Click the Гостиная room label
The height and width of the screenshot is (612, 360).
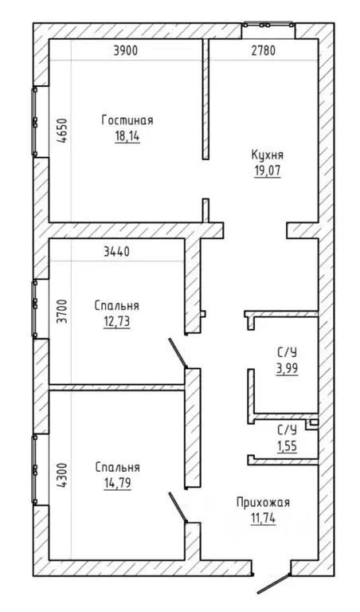pyautogui.click(x=127, y=120)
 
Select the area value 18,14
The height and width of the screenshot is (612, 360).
pyautogui.click(x=127, y=136)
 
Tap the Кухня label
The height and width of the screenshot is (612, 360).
pyautogui.click(x=267, y=155)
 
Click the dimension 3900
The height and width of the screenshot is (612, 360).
pyautogui.click(x=125, y=51)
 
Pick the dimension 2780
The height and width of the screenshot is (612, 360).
pyautogui.click(x=263, y=51)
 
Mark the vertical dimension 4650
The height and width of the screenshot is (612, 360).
pyautogui.click(x=64, y=131)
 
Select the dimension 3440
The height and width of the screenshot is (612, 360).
pyautogui.click(x=116, y=252)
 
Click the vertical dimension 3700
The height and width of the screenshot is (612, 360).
pyautogui.click(x=61, y=311)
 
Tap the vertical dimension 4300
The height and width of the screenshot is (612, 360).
pyautogui.click(x=61, y=476)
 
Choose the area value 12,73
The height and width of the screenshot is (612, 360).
pyautogui.click(x=116, y=322)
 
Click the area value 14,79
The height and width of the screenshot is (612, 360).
pyautogui.click(x=117, y=484)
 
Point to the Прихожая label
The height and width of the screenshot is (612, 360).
pyautogui.click(x=264, y=503)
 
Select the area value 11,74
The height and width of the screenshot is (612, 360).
pyautogui.click(x=264, y=519)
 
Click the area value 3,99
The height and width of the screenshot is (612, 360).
pyautogui.click(x=287, y=368)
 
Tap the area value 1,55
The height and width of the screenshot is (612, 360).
pyautogui.click(x=287, y=445)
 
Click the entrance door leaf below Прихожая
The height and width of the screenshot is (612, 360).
pyautogui.click(x=273, y=583)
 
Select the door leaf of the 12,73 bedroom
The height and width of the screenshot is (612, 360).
pyautogui.click(x=178, y=353)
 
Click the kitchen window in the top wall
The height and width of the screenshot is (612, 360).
pyautogui.click(x=268, y=25)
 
